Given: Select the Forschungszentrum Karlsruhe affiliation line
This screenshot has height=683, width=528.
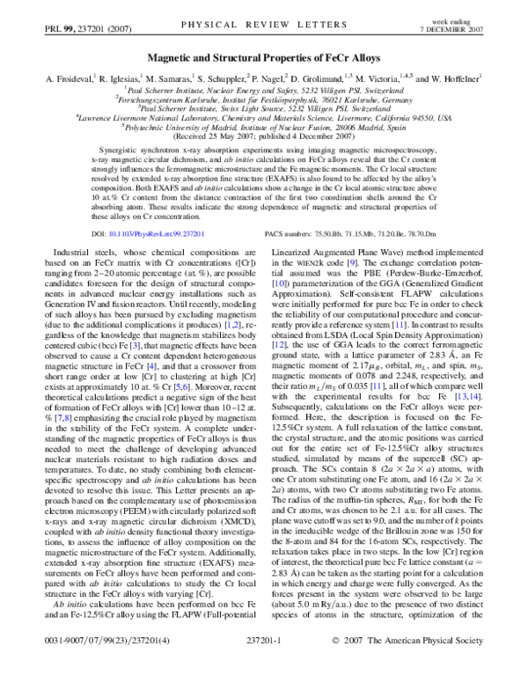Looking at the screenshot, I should tap(264, 98).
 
